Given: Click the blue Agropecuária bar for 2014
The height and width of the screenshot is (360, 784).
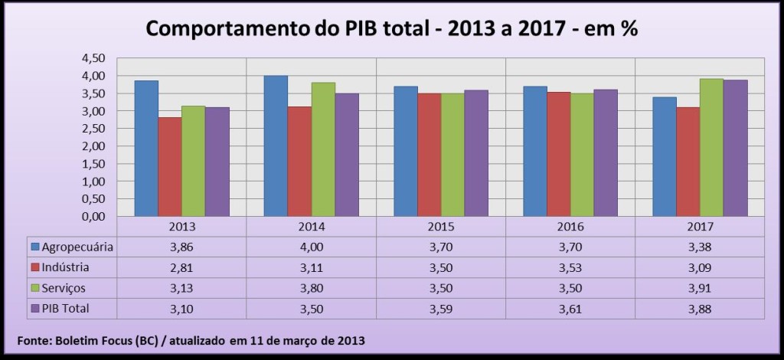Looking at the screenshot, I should click(276, 146).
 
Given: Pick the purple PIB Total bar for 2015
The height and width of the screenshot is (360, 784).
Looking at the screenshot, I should click(475, 153).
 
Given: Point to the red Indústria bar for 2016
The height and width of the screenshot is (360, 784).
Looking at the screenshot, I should click(558, 154).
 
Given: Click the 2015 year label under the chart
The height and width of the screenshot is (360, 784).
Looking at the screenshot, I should click(441, 227).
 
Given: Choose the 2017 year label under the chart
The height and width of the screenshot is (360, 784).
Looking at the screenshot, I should click(700, 227).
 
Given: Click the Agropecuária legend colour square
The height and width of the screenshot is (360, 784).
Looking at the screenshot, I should click(34, 247).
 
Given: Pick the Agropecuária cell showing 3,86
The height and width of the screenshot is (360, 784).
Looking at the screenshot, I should click(181, 247).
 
